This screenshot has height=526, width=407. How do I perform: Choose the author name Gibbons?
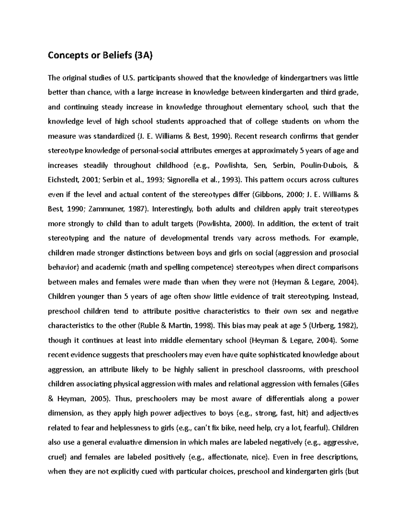(270, 195)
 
